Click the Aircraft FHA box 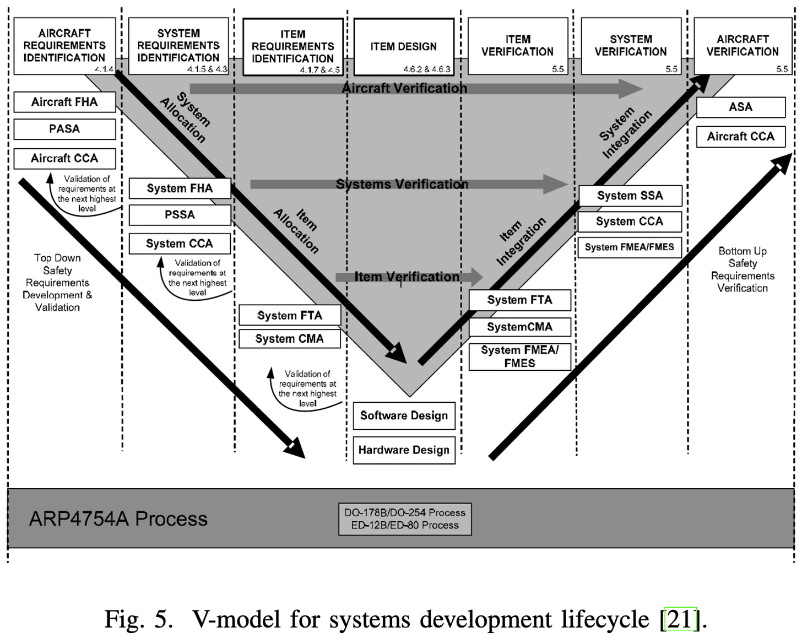coord(64,102)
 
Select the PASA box coord(64,129)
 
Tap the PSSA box coord(180,215)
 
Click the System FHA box coord(180,188)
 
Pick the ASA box coord(740,107)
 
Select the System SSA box coord(630,196)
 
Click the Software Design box coord(404,415)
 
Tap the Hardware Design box coord(404,450)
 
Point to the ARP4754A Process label coord(118,518)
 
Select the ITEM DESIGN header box coord(403,46)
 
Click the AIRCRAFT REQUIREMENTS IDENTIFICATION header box coord(64,45)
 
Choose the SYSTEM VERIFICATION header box coord(631,45)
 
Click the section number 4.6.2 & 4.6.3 coord(426,69)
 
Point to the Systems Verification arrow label coord(402,184)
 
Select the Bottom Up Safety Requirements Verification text coord(742,269)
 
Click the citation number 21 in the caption coord(681,619)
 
